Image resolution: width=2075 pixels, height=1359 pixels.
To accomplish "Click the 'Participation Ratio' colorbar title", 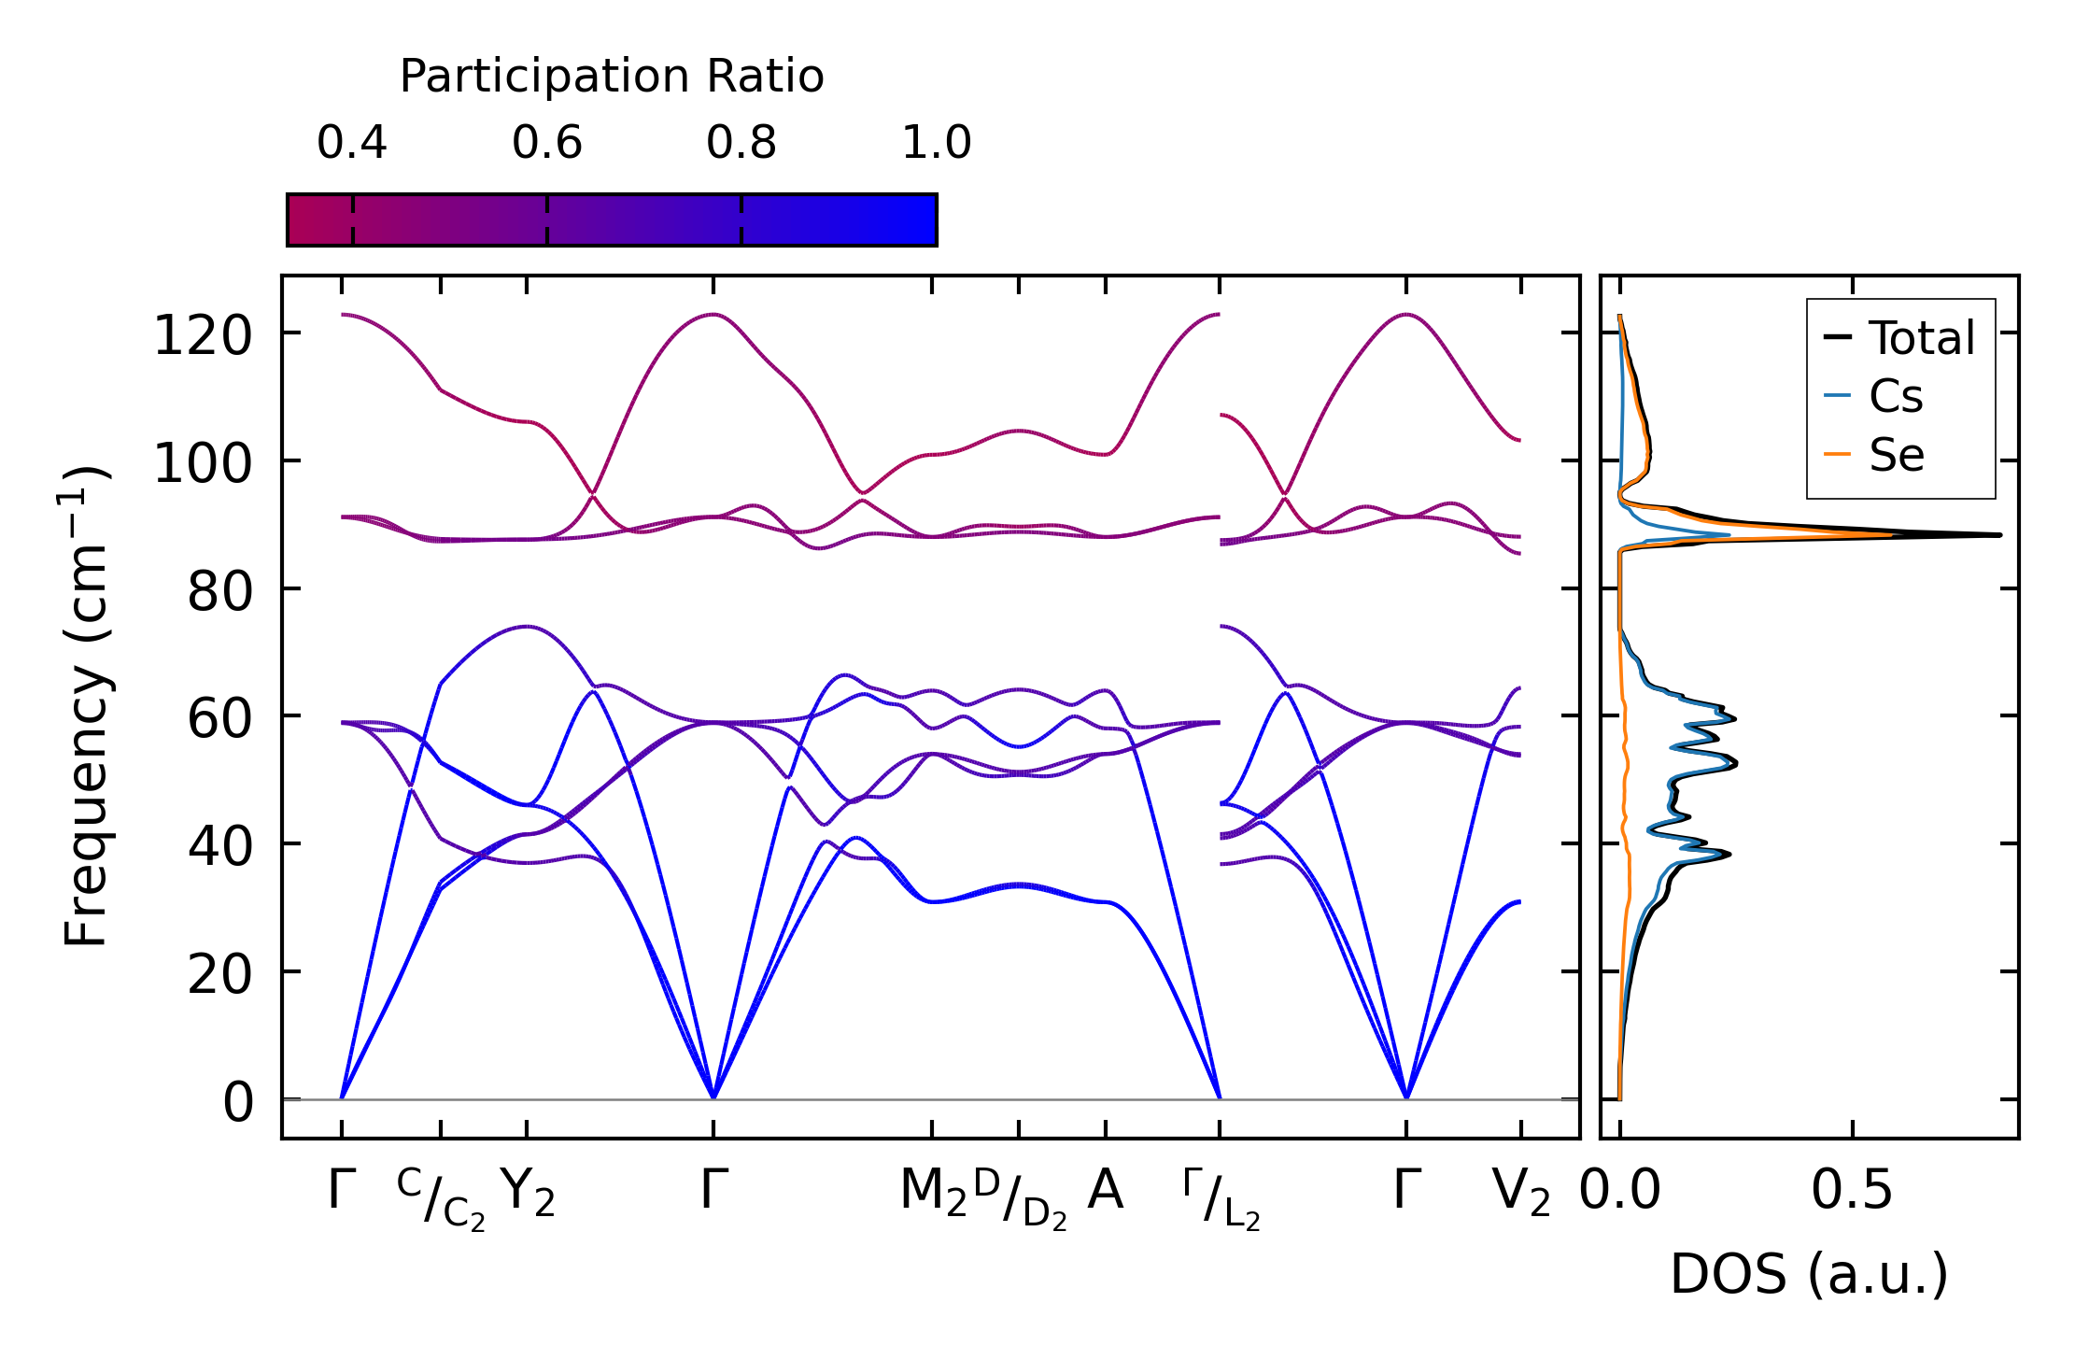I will [x=612, y=77].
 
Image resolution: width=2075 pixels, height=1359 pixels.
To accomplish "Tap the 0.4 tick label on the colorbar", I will [x=352, y=143].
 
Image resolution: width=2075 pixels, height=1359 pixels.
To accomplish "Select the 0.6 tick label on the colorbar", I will [x=547, y=143].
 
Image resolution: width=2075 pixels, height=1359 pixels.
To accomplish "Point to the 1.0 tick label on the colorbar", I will [x=937, y=143].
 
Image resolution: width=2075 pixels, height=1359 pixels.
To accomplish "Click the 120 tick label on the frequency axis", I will [x=203, y=336].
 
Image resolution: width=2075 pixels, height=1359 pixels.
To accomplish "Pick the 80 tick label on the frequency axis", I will [x=219, y=591].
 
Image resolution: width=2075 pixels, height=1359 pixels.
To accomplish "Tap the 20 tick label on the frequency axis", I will [x=219, y=975].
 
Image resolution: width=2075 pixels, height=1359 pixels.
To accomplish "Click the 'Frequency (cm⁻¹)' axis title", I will [x=86, y=706].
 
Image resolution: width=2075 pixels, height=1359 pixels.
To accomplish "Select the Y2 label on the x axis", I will [x=528, y=1192].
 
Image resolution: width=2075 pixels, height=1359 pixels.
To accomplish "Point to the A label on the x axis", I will [x=1106, y=1190].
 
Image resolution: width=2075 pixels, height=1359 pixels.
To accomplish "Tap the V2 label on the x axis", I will [x=1521, y=1192].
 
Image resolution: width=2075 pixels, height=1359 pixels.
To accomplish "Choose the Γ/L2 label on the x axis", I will [x=1221, y=1199].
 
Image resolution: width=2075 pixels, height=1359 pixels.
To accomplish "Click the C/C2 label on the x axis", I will [x=441, y=1199].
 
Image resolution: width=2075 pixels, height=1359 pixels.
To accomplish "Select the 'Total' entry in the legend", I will [x=1921, y=338].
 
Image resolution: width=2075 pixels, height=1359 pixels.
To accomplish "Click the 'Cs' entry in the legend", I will [x=1896, y=397].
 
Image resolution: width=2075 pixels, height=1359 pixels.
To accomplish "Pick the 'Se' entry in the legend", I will [x=1896, y=456].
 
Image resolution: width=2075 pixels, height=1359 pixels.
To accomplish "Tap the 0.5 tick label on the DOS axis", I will [x=1852, y=1192].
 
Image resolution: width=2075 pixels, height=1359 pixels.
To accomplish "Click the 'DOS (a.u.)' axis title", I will [x=1809, y=1274].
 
